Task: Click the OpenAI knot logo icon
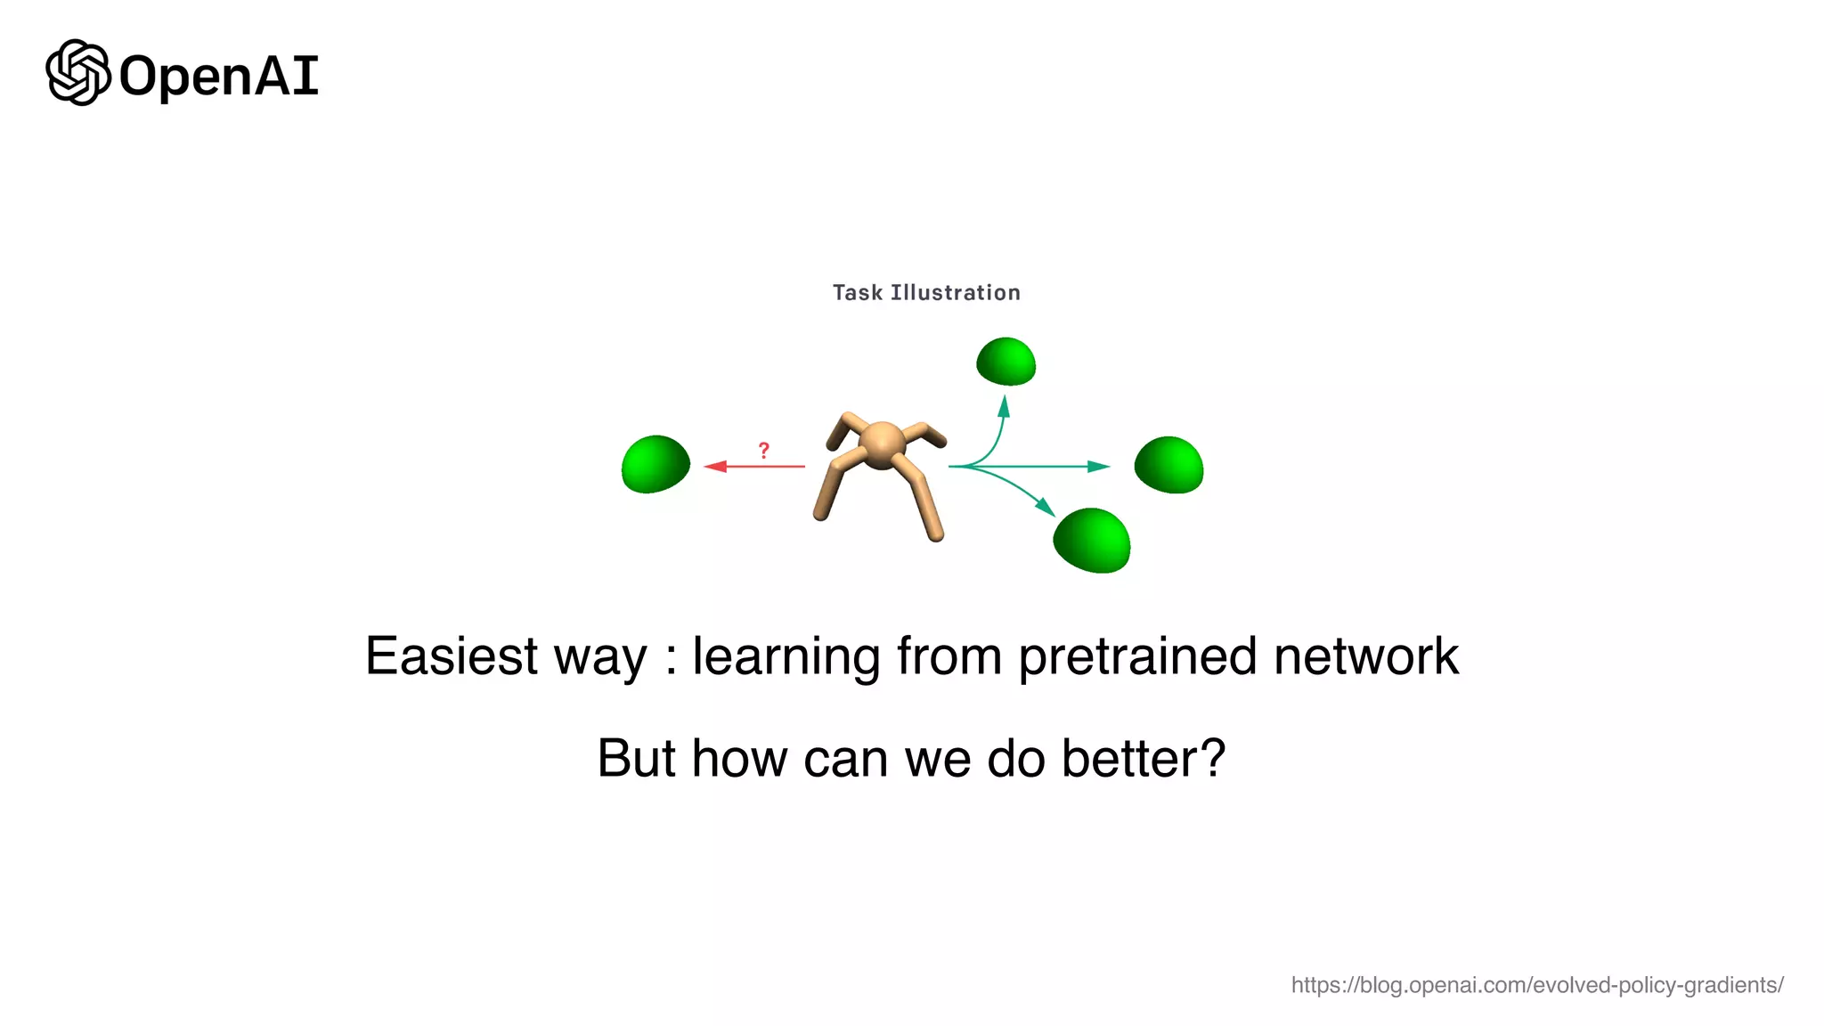pyautogui.click(x=77, y=73)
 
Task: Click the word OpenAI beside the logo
pyautogui.click(x=218, y=77)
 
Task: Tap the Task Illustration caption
pyautogui.click(x=926, y=293)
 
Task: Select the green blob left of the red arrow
pyautogui.click(x=655, y=464)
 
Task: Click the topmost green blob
pyautogui.click(x=1006, y=362)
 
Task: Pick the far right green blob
pyautogui.click(x=1168, y=465)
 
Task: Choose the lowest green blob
pyautogui.click(x=1092, y=541)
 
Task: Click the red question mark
pyautogui.click(x=763, y=451)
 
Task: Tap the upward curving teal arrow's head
pyautogui.click(x=1004, y=406)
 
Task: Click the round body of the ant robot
pyautogui.click(x=882, y=444)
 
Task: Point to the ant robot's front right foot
pyautogui.click(x=936, y=535)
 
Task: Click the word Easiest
pyautogui.click(x=452, y=656)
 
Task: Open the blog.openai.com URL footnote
pyautogui.click(x=1536, y=985)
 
